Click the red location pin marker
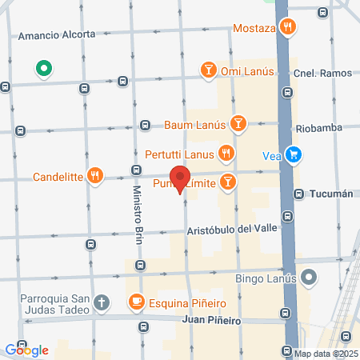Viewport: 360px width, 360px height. (x=180, y=179)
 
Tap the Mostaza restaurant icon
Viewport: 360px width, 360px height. (x=288, y=29)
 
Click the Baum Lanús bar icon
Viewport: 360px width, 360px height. (x=237, y=124)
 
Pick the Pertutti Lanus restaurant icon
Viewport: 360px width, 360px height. (x=226, y=152)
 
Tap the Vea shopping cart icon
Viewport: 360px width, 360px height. (x=294, y=154)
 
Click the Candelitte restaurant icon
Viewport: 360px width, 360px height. (x=95, y=176)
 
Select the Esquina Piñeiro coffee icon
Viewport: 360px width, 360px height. (x=135, y=302)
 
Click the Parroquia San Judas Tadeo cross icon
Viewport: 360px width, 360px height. (x=101, y=302)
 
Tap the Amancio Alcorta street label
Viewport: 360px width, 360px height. (x=56, y=35)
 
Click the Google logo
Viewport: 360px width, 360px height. (x=26, y=350)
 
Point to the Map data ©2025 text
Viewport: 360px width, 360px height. (x=326, y=354)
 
